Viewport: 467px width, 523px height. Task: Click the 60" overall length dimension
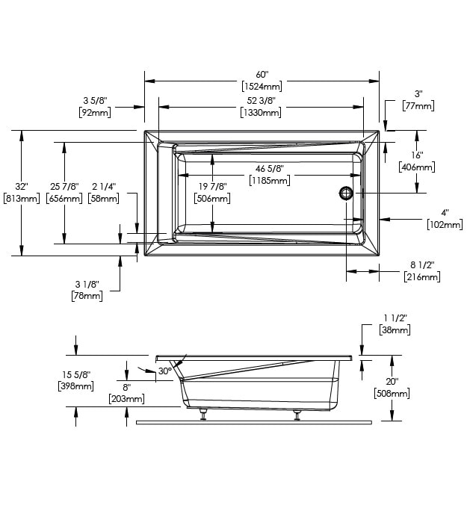[x=262, y=75]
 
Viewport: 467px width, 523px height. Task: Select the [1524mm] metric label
[x=262, y=87]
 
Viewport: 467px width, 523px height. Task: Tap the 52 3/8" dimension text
[x=262, y=101]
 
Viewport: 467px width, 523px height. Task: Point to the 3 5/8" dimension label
[x=95, y=101]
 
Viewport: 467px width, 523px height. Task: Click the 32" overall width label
[x=20, y=186]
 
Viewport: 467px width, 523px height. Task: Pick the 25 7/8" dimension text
[x=64, y=186]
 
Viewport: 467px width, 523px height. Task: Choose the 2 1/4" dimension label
[x=103, y=186]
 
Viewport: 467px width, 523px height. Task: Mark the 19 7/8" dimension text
[x=213, y=186]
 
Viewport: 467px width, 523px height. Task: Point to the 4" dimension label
[x=444, y=213]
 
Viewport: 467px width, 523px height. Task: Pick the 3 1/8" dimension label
[x=87, y=285]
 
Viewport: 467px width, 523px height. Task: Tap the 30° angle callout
[x=165, y=371]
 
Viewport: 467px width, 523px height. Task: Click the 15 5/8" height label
[x=75, y=374]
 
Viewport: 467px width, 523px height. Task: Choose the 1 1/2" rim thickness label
[x=394, y=318]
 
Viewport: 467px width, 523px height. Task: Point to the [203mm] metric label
[x=127, y=400]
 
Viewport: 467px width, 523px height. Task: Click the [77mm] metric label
[x=418, y=107]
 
